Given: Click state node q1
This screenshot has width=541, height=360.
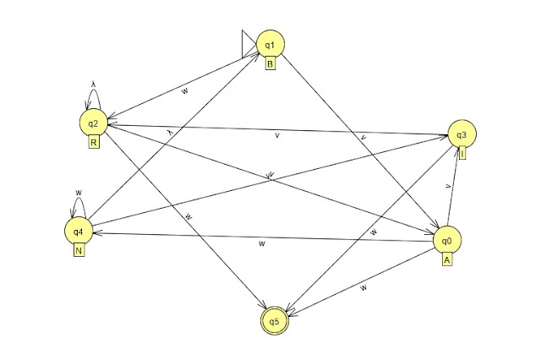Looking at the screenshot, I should [x=270, y=44].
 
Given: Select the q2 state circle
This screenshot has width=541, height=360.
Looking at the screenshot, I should [x=93, y=124].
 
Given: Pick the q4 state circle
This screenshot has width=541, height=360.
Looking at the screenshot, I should [x=78, y=231].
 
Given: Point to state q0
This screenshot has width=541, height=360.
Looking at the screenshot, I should [x=447, y=241].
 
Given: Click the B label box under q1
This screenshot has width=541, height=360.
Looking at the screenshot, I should [x=270, y=63].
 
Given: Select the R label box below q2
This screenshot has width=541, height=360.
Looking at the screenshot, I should [x=94, y=143].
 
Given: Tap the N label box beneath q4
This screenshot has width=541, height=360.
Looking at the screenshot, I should [x=78, y=250].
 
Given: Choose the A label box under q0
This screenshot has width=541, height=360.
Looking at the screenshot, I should [x=447, y=260].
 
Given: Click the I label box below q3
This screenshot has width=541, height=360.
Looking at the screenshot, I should [x=462, y=153].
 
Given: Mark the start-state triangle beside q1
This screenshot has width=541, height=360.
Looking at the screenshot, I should [x=248, y=44].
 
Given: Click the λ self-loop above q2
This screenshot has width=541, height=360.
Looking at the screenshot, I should [x=93, y=93].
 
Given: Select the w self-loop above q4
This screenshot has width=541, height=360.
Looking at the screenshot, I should [x=78, y=200].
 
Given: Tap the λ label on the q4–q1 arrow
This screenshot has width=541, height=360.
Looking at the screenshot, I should [x=169, y=132].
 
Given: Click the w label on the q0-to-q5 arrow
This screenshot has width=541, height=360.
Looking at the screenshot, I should [x=363, y=288].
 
